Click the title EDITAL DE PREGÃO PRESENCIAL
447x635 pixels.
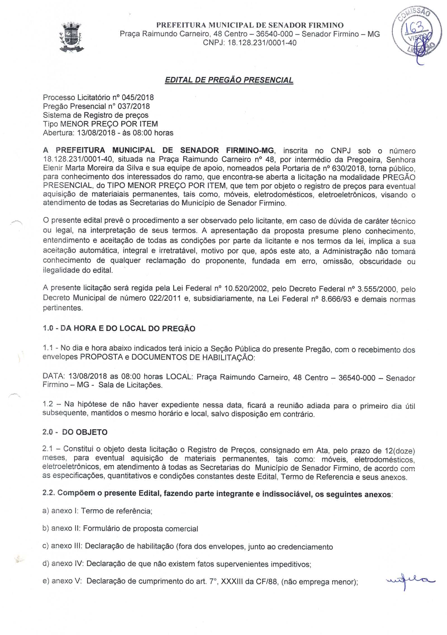[229, 80]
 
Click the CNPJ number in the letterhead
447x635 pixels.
[262, 43]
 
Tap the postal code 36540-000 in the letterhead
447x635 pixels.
[274, 34]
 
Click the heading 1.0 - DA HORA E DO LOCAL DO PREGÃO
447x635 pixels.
[119, 328]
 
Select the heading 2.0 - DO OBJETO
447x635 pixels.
[75, 432]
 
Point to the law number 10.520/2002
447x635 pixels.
[245, 289]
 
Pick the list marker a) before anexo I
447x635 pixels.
[46, 511]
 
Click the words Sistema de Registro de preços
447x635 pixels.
[96, 115]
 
